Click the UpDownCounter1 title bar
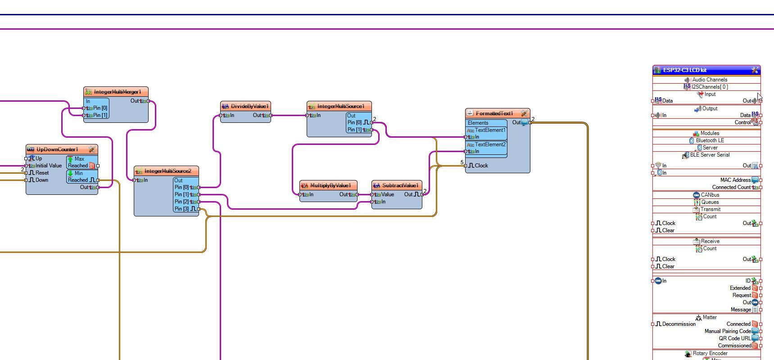click(x=57, y=149)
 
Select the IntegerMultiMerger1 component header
click(x=117, y=92)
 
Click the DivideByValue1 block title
click(x=249, y=106)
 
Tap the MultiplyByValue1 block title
click(x=330, y=185)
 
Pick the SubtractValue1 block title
click(x=400, y=185)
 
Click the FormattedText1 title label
click(x=494, y=113)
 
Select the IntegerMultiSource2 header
click(x=167, y=171)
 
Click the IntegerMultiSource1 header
click(x=340, y=106)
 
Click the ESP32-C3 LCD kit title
click(x=684, y=70)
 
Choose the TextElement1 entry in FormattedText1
click(x=490, y=130)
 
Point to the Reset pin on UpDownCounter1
click(x=42, y=173)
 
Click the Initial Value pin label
click(x=48, y=166)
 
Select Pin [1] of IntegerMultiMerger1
click(x=100, y=115)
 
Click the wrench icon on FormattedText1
click(x=524, y=113)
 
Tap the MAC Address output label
click(x=735, y=180)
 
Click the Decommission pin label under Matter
click(x=679, y=324)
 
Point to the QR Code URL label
click(x=735, y=338)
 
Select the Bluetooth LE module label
click(x=710, y=140)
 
